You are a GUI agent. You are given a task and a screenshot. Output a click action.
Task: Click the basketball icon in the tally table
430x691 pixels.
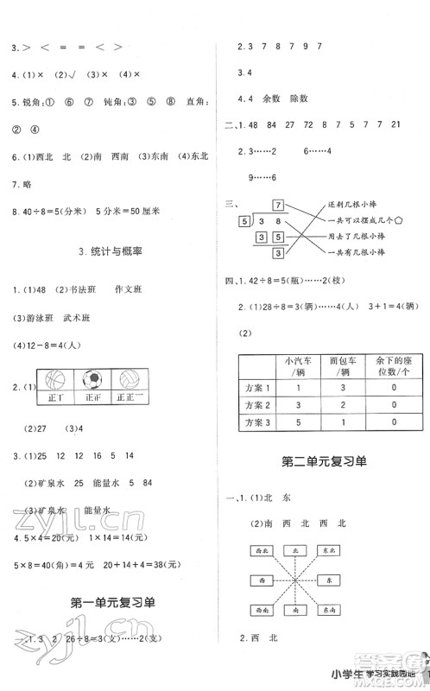click(54, 380)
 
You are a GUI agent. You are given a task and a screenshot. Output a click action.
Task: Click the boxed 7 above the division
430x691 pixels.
click(277, 205)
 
